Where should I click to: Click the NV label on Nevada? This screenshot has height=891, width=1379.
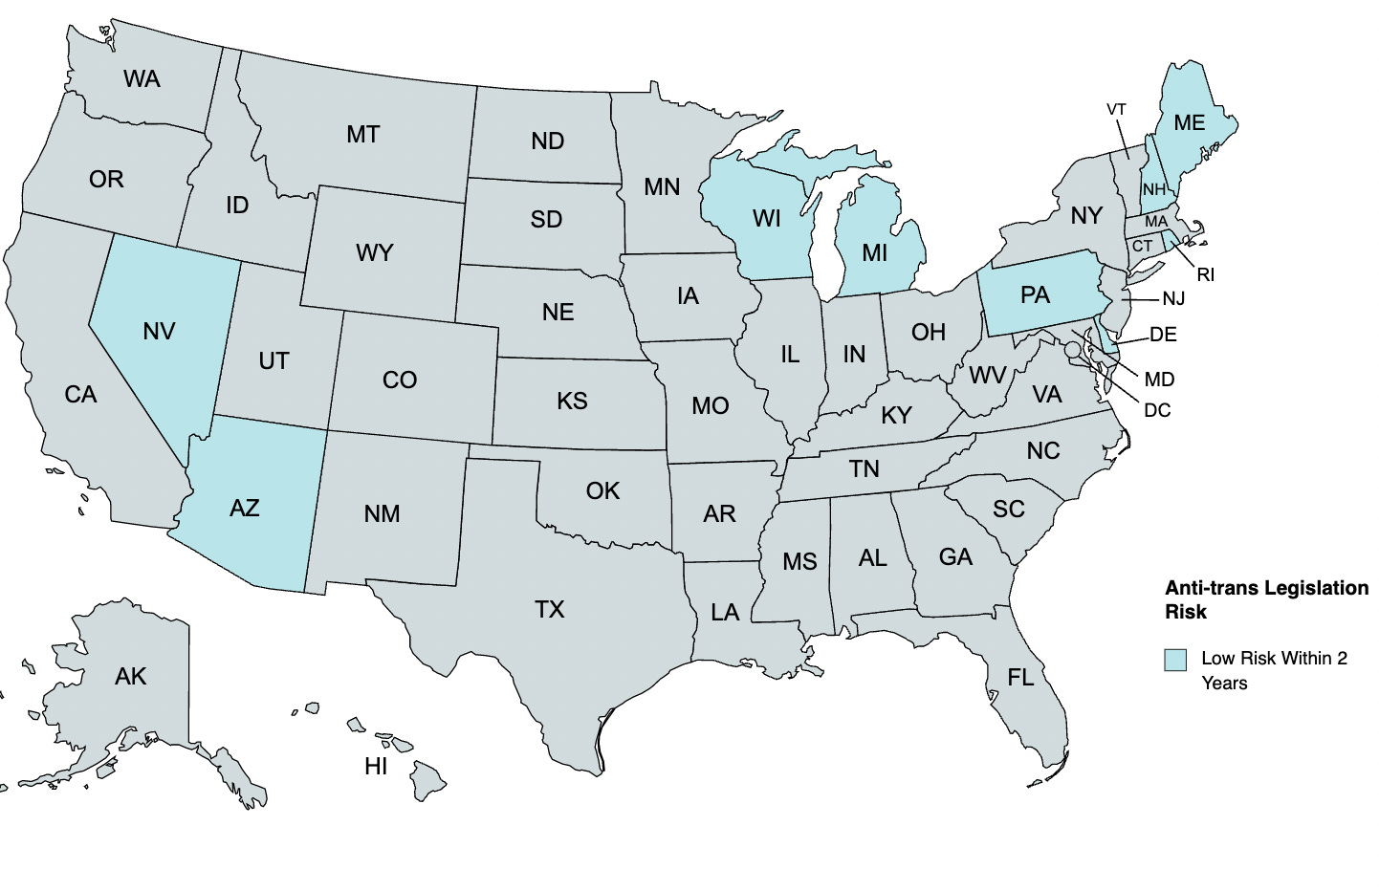click(x=159, y=331)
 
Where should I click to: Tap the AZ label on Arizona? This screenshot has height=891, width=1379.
click(x=245, y=508)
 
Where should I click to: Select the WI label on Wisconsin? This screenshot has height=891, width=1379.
click(x=767, y=219)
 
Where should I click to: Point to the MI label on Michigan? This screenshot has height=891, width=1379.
click(x=874, y=252)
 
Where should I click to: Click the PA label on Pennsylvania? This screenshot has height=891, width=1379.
click(x=1035, y=295)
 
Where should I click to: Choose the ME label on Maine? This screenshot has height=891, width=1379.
click(x=1189, y=123)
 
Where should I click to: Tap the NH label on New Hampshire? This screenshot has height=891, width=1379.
click(x=1154, y=189)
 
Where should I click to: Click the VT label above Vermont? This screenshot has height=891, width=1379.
click(x=1116, y=110)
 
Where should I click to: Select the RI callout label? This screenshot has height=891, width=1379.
click(x=1205, y=275)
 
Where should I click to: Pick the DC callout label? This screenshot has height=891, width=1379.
click(x=1157, y=410)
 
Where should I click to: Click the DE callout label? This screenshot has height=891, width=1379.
click(x=1163, y=335)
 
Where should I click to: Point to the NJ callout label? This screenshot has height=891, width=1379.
click(x=1173, y=299)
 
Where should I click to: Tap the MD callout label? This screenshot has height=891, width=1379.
click(x=1159, y=380)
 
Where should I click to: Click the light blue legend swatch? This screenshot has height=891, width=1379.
click(x=1175, y=660)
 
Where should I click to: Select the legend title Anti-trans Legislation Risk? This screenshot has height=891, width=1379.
click(x=1266, y=599)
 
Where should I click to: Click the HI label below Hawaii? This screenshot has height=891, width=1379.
click(x=376, y=766)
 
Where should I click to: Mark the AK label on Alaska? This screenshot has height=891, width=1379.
click(x=130, y=677)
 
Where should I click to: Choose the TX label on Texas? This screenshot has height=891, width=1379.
click(x=549, y=609)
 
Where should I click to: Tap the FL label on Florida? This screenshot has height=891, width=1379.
click(x=1020, y=678)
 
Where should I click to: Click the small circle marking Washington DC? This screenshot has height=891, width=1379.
click(x=1072, y=350)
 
